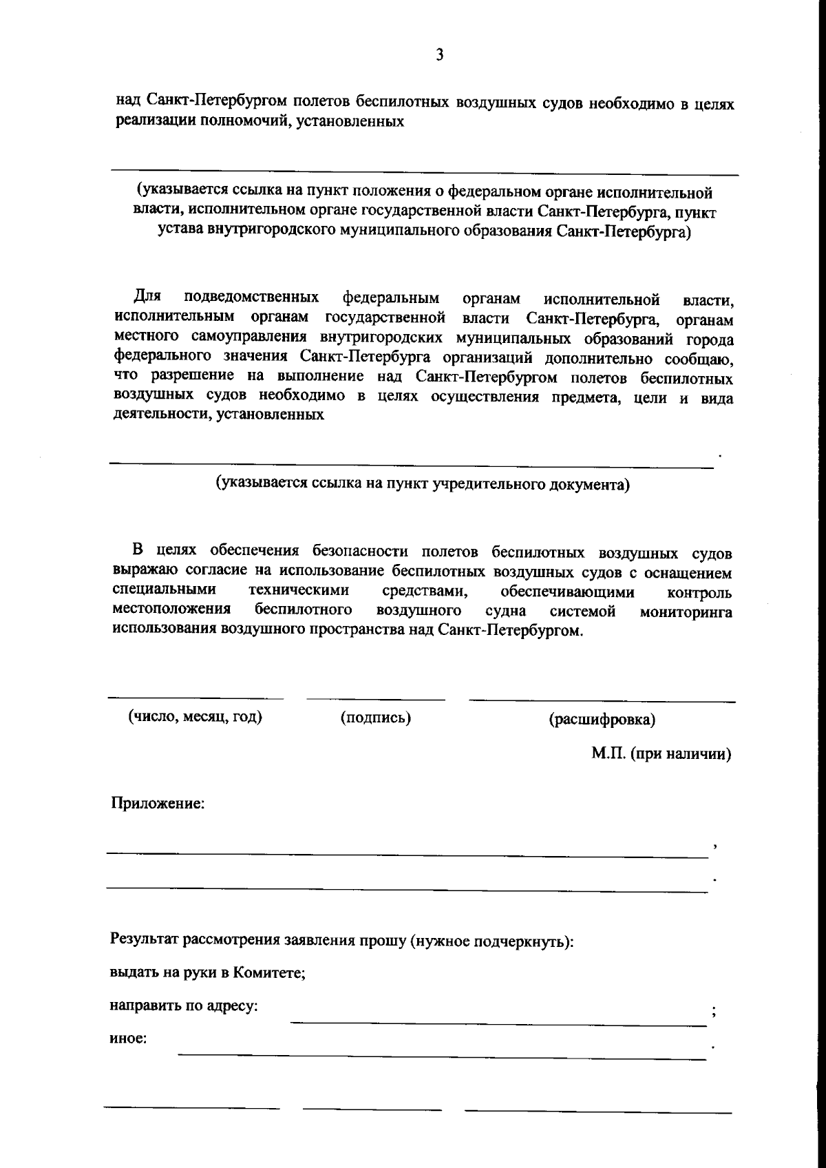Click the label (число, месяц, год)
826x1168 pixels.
(x=195, y=716)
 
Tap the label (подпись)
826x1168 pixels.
(x=375, y=718)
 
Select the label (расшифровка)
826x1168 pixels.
(x=602, y=720)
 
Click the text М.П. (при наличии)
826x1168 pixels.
(x=661, y=753)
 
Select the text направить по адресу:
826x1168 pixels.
(x=184, y=1005)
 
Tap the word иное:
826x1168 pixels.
(x=128, y=1039)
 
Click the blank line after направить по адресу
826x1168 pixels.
(x=498, y=1024)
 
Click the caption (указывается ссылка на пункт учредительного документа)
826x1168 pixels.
(x=423, y=483)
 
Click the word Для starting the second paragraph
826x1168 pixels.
(x=147, y=297)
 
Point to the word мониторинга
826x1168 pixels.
(x=686, y=612)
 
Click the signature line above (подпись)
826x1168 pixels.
(x=375, y=700)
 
